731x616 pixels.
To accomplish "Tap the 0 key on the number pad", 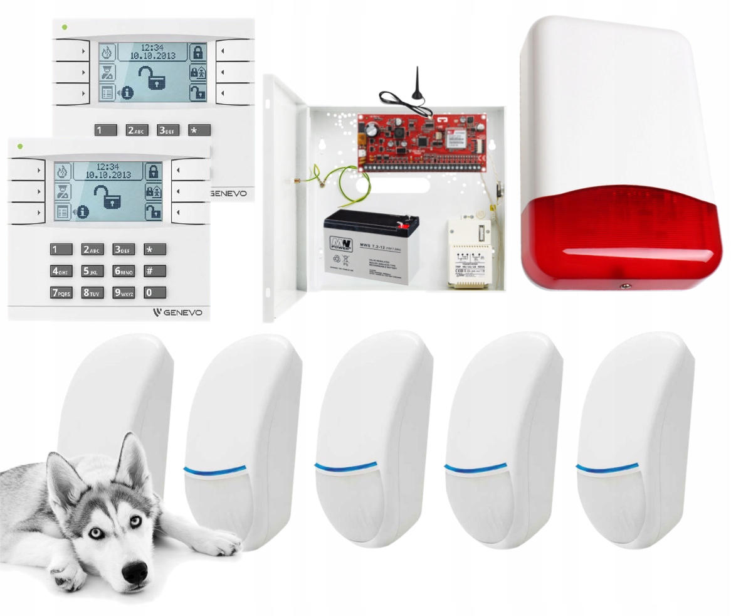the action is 154,292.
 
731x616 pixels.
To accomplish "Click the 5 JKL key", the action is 92,271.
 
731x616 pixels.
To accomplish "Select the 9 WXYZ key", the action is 124,292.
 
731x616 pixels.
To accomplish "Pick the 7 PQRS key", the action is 61,292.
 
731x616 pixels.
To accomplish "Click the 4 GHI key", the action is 61,271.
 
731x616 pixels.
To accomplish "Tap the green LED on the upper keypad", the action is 64,27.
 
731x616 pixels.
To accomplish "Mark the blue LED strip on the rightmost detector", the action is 607,468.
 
